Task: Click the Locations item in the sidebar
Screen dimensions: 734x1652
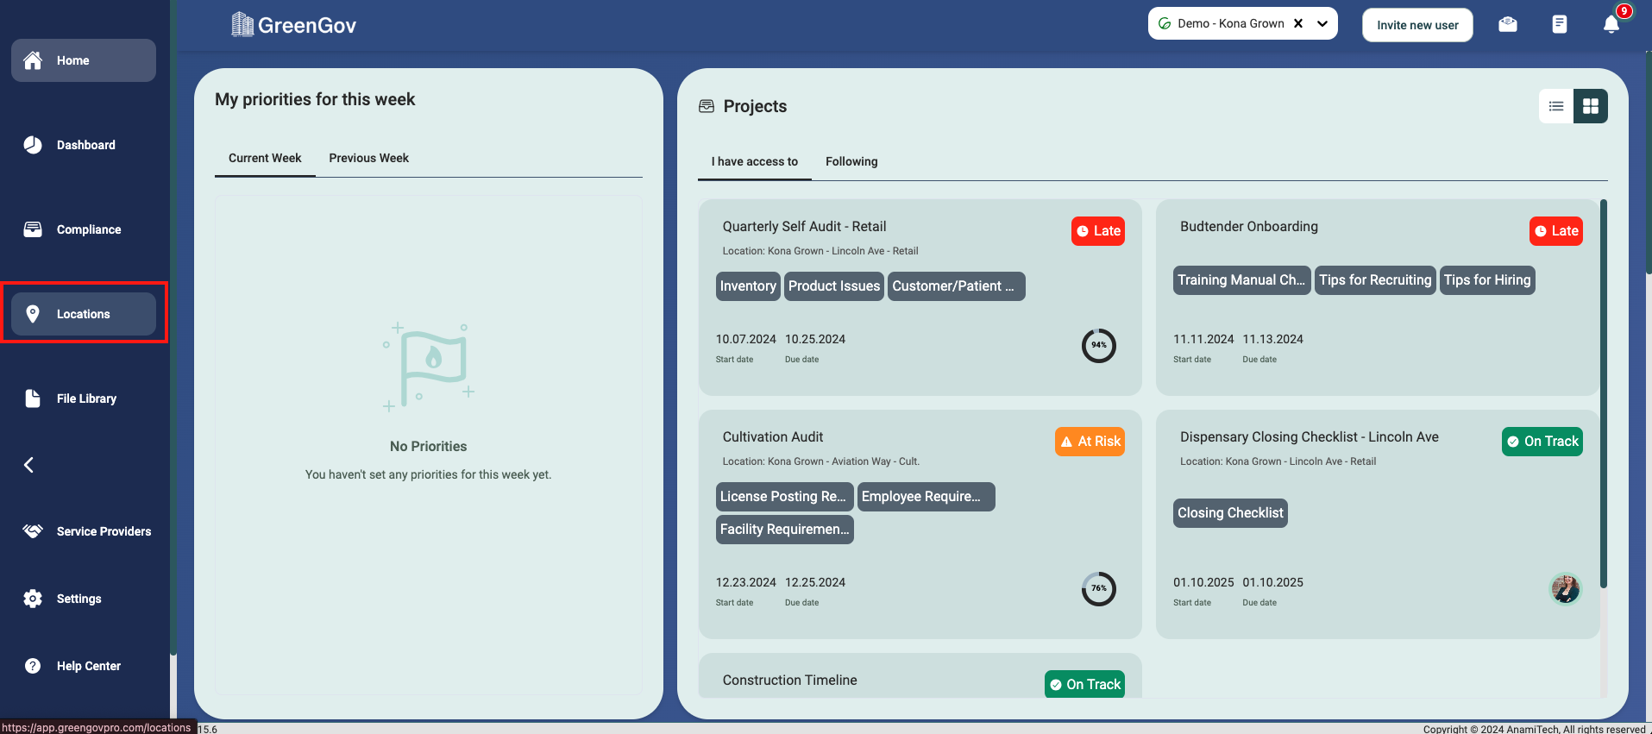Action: pyautogui.click(x=83, y=314)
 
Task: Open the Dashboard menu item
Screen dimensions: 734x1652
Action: pyautogui.click(x=85, y=145)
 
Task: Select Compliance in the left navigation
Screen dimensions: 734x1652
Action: pyautogui.click(x=87, y=229)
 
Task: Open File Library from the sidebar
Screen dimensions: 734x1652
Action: pyautogui.click(x=85, y=398)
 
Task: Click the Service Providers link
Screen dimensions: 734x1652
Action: pyautogui.click(x=103, y=531)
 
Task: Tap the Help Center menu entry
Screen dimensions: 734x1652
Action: pyautogui.click(x=87, y=666)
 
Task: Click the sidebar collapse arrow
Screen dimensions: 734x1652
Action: pyautogui.click(x=29, y=465)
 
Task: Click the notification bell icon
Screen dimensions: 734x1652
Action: pyautogui.click(x=1611, y=24)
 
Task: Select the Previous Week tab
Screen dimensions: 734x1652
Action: pyautogui.click(x=368, y=158)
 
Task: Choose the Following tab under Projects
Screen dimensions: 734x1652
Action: pyautogui.click(x=851, y=161)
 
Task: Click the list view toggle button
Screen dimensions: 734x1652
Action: pyautogui.click(x=1556, y=106)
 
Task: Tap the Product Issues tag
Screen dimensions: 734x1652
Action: pyautogui.click(x=833, y=286)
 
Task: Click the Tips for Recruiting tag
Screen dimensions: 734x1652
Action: pyautogui.click(x=1375, y=280)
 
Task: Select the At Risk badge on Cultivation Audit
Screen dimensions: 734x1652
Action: pyautogui.click(x=1090, y=442)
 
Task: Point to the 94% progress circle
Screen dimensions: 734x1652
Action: pyautogui.click(x=1099, y=346)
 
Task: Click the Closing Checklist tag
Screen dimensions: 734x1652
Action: pyautogui.click(x=1230, y=513)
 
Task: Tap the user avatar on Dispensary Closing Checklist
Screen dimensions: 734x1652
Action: pyautogui.click(x=1565, y=589)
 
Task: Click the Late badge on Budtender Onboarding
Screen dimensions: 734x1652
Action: pyautogui.click(x=1555, y=231)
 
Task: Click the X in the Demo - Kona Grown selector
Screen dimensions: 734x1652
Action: pyautogui.click(x=1298, y=23)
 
